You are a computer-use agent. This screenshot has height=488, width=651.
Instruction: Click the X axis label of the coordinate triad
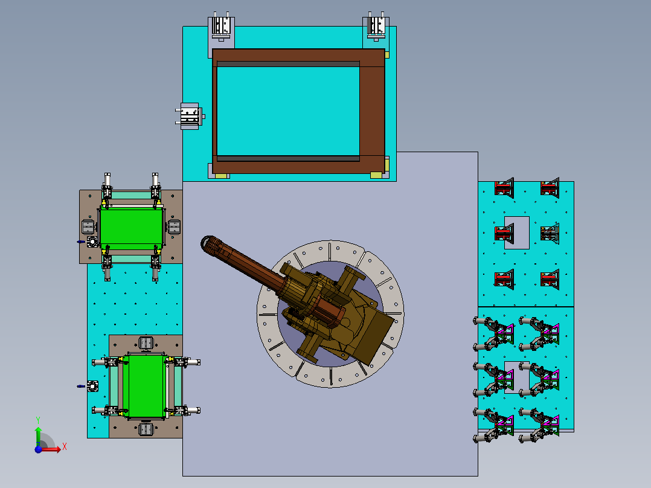(x=65, y=447)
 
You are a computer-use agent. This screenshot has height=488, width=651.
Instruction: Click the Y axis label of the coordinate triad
(x=38, y=420)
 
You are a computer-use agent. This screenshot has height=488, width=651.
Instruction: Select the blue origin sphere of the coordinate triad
(x=38, y=449)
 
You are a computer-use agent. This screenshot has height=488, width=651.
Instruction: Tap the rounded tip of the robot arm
(x=206, y=243)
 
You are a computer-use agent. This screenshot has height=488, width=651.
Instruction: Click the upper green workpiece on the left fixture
(x=131, y=229)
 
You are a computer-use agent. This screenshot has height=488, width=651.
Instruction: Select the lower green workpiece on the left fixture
(x=146, y=386)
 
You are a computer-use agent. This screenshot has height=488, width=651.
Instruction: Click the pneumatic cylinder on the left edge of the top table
(x=190, y=117)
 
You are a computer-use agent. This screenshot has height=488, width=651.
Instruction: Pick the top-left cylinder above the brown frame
(x=221, y=27)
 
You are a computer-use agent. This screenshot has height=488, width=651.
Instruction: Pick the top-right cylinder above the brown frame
(x=376, y=27)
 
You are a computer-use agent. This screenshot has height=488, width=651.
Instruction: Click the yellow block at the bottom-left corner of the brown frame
(x=221, y=176)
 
